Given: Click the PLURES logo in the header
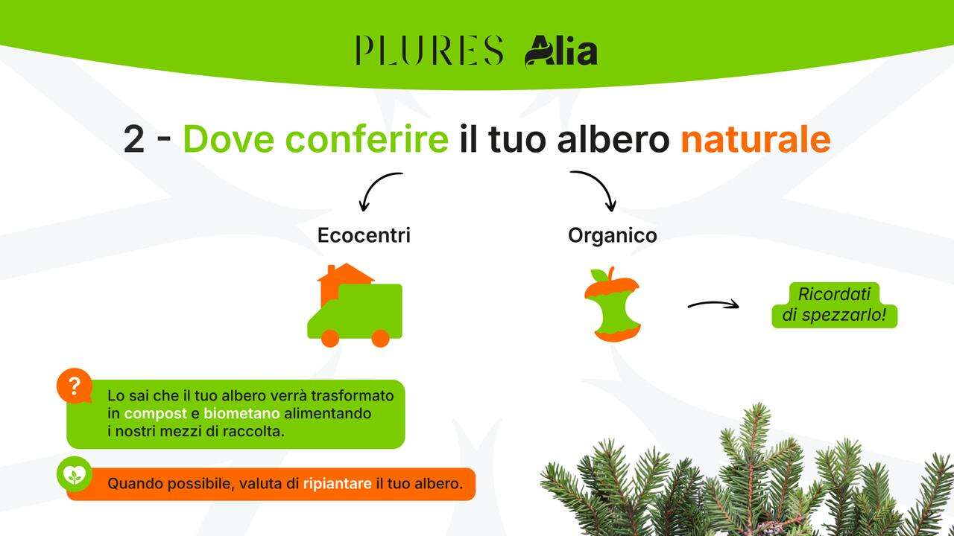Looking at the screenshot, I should click(429, 51).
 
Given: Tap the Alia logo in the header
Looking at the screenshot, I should click(560, 51).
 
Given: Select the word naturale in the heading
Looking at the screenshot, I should click(754, 139).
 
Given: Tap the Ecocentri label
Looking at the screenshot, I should click(364, 235).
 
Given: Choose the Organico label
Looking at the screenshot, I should click(612, 235).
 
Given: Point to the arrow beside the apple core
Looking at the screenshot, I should click(713, 304).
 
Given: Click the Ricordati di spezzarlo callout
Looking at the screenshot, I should click(834, 304).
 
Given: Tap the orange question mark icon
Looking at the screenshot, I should click(74, 386).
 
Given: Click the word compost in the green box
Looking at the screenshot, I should click(155, 413).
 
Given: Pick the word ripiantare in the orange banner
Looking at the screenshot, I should click(337, 484).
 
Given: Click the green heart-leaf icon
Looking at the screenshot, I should click(75, 474).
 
